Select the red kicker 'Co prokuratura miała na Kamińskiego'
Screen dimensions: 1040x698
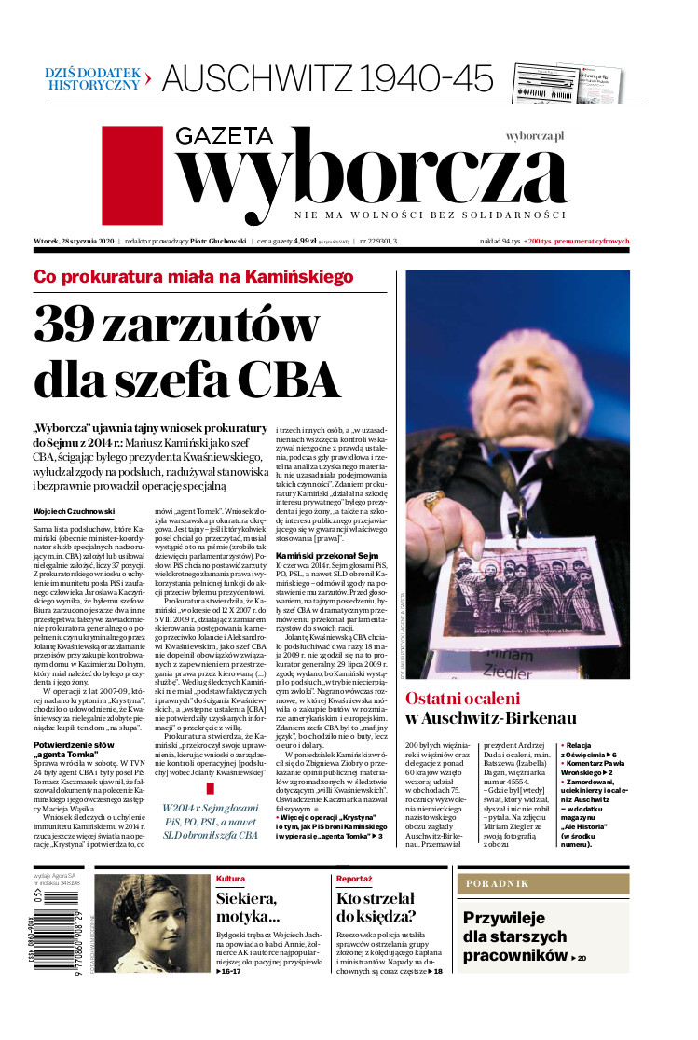pyautogui.click(x=194, y=276)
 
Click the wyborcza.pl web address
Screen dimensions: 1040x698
pyautogui.click(x=536, y=135)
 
